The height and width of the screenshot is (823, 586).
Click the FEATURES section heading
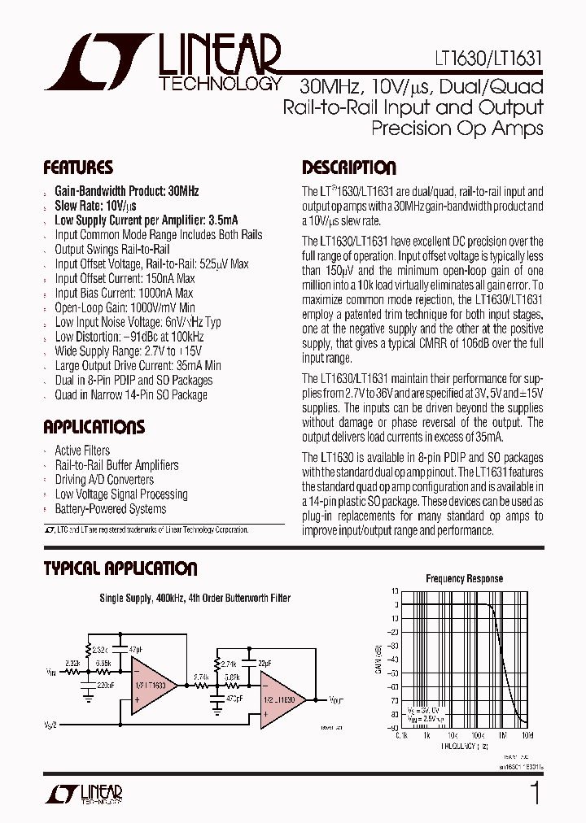point(78,168)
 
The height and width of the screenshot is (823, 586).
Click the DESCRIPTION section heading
point(349,168)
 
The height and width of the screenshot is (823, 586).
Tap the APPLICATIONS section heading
point(94,428)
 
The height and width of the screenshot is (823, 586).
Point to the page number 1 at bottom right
point(535,793)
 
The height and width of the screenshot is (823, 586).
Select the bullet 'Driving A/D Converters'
point(104,480)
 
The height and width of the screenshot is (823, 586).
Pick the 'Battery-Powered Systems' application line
point(110,509)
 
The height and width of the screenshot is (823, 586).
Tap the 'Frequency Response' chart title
point(464,579)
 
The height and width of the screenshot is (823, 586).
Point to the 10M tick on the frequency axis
point(527,735)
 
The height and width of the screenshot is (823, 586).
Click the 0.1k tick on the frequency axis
point(401,735)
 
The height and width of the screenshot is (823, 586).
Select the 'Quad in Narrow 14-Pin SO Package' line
point(130,395)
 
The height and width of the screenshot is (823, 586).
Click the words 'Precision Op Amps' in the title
point(457,128)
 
